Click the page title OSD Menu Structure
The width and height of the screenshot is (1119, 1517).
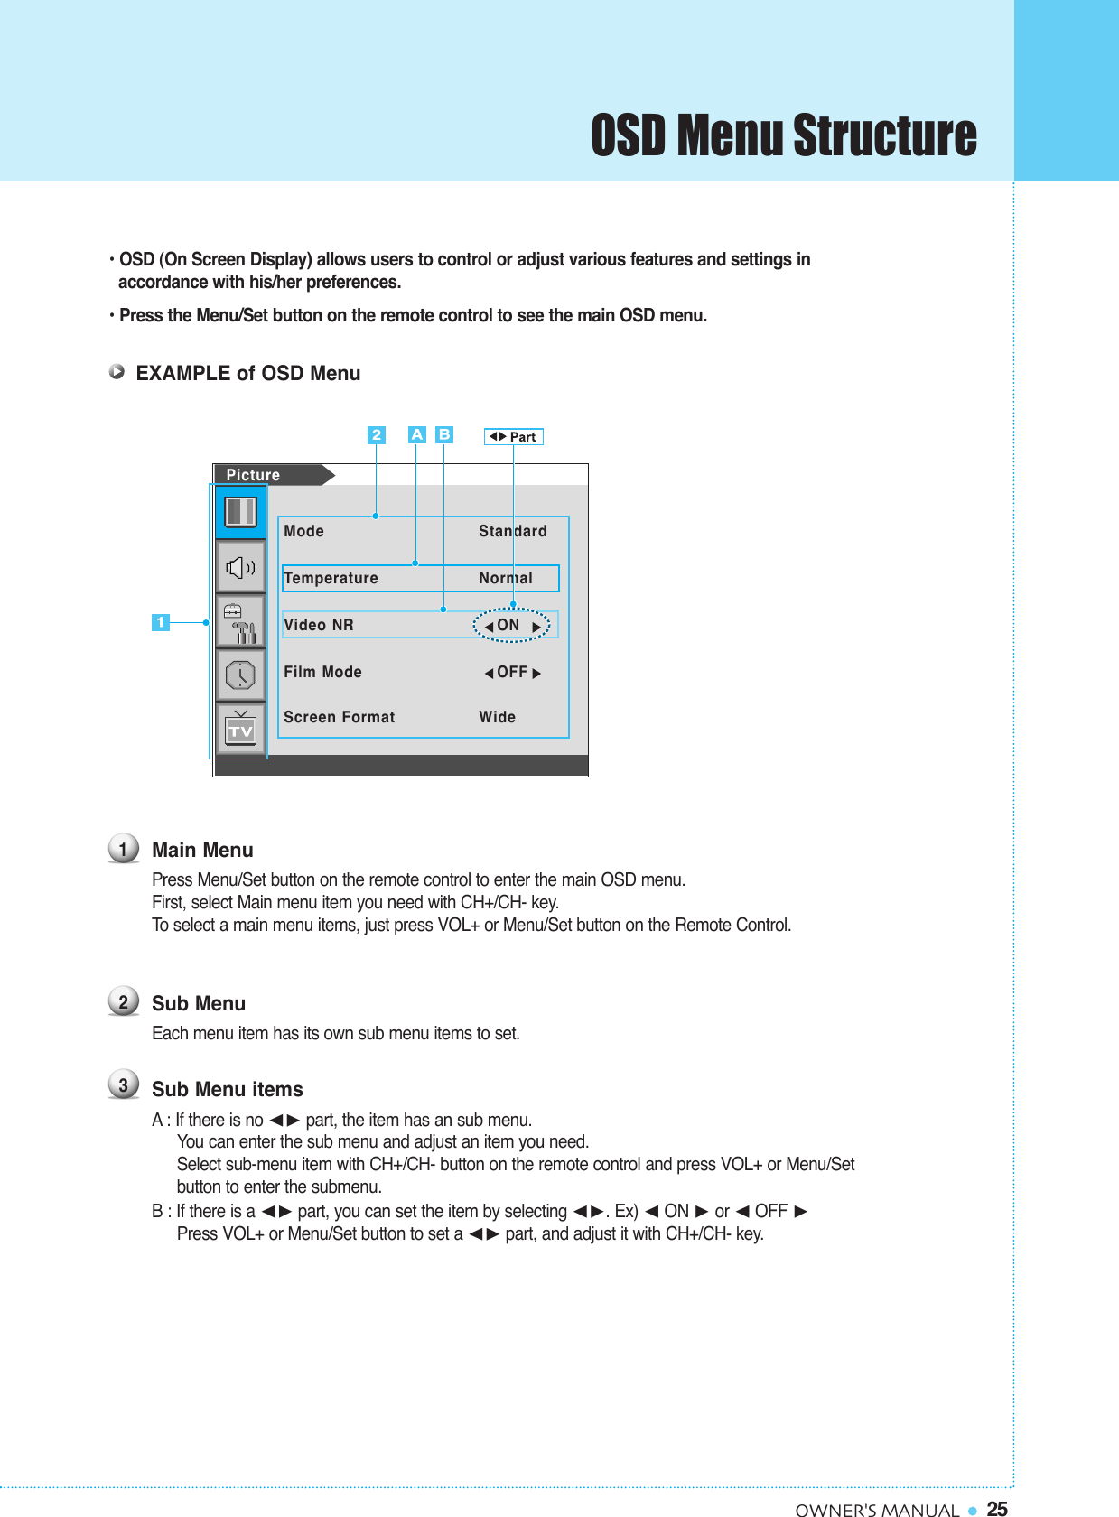click(783, 135)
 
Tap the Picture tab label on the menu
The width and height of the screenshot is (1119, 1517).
click(253, 475)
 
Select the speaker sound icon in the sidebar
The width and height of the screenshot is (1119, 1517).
click(240, 568)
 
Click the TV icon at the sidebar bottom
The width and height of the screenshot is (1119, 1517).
click(240, 729)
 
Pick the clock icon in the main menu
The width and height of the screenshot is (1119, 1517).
click(240, 675)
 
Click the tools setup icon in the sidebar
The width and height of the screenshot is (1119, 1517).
click(240, 621)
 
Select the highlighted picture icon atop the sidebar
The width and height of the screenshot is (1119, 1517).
click(240, 512)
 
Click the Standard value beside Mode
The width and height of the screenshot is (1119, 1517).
click(512, 531)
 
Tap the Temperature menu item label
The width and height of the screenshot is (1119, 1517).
click(331, 578)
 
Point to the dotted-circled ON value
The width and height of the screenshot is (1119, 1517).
click(510, 625)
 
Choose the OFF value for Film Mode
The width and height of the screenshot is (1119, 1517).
click(512, 672)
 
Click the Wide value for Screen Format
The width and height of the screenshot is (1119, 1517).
click(497, 717)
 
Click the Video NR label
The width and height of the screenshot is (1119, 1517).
click(318, 625)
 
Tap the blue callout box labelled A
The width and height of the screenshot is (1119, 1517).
click(416, 434)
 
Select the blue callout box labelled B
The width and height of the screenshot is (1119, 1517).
click(443, 434)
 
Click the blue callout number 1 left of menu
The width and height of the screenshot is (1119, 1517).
click(160, 622)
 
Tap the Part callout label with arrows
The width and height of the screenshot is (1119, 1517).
click(513, 437)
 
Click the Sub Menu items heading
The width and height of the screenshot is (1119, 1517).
click(227, 1089)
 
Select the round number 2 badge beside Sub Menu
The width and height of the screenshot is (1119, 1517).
click(124, 1001)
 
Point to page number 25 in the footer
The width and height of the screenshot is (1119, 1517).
click(997, 1508)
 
